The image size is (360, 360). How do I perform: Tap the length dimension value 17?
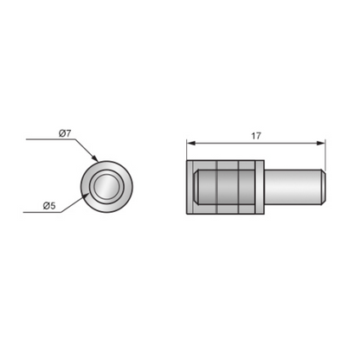tap(257, 136)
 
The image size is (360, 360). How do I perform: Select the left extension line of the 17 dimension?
tap(187, 151)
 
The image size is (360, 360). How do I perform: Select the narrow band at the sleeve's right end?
tap(258, 186)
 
